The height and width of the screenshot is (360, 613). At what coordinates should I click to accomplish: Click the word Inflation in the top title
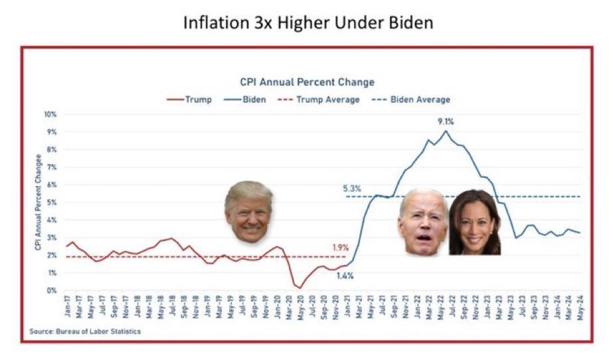pos(213,23)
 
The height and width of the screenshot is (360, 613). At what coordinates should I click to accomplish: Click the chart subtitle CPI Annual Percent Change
pos(307,82)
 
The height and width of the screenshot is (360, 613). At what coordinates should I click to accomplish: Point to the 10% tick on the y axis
pos(50,114)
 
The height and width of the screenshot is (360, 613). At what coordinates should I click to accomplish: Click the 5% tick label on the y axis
pos(52,202)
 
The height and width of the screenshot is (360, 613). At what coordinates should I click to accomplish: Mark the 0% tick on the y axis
pos(52,290)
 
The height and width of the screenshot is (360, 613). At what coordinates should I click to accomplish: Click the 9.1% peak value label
pos(446,122)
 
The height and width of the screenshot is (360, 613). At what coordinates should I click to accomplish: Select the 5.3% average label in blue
pos(352,189)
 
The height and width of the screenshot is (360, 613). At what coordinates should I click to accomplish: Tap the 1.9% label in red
pos(341,248)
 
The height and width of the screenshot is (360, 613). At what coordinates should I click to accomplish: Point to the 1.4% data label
pos(344,275)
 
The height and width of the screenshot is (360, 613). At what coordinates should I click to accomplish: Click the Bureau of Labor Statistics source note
pos(84,331)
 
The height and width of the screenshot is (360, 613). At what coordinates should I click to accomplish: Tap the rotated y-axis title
pos(38,202)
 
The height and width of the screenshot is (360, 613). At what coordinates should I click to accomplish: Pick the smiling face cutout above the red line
pos(248,211)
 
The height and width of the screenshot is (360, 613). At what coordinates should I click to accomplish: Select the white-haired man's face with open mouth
pos(423,221)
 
